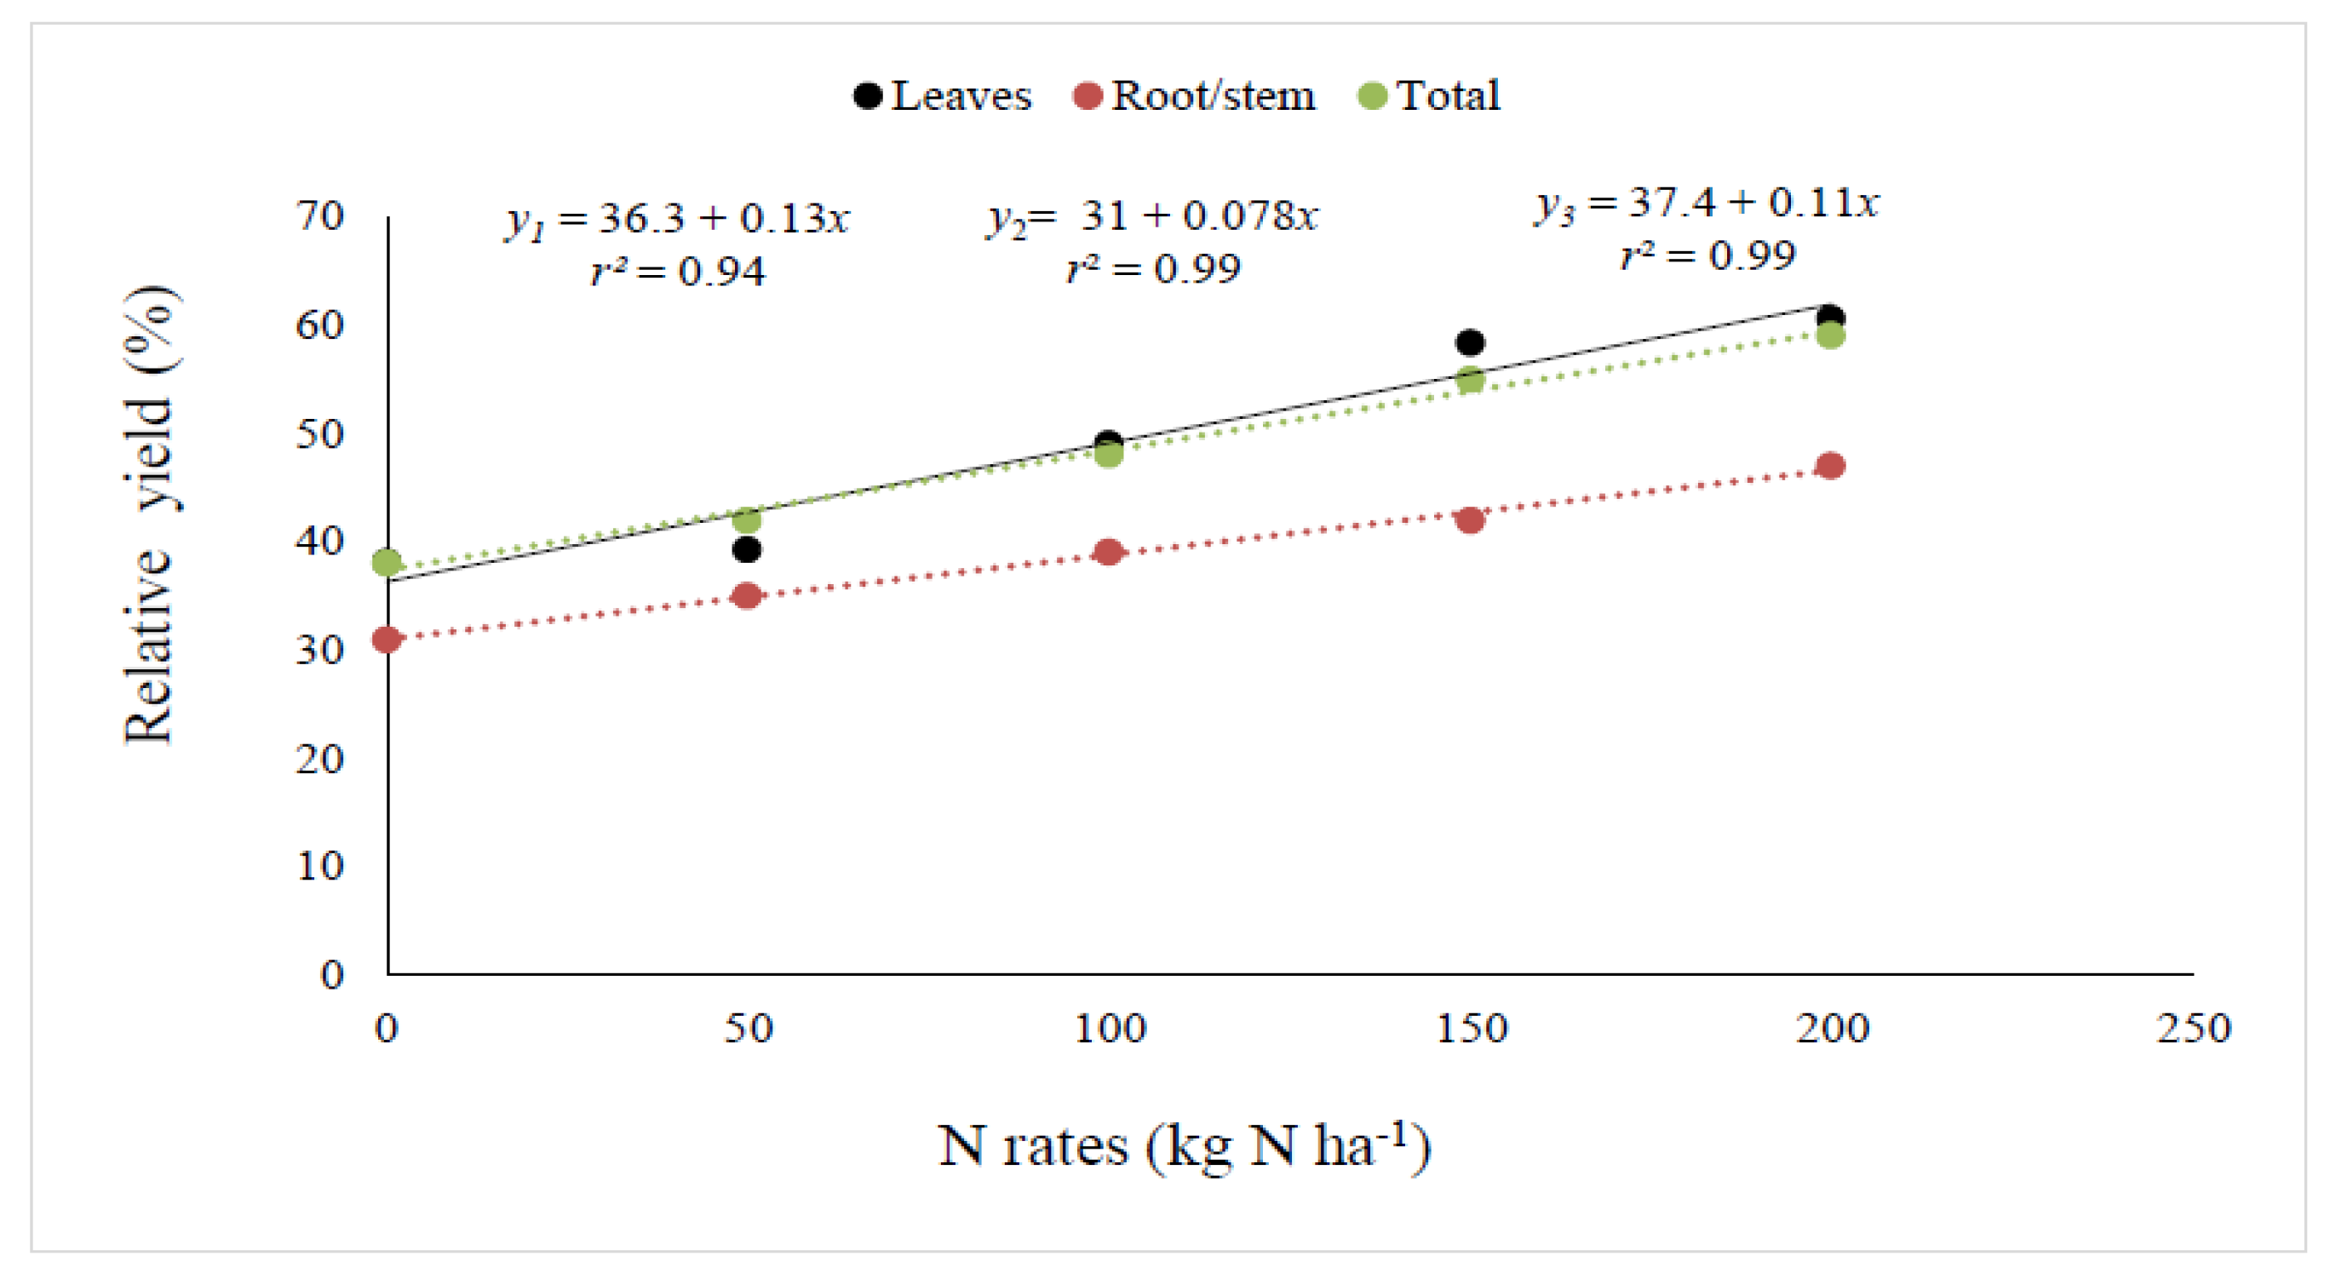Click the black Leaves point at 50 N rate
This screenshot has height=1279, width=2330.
[x=746, y=549]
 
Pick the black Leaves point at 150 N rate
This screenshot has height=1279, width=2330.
[x=1470, y=342]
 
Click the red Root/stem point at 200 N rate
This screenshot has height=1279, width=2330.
[x=1830, y=466]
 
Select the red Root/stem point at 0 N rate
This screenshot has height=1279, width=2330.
[x=387, y=639]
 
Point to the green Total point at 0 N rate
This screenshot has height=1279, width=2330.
[x=387, y=563]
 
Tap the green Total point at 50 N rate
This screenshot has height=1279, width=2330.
[x=746, y=520]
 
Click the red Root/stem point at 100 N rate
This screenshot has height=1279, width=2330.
[x=1108, y=552]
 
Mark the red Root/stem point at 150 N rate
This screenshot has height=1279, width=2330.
[x=1470, y=520]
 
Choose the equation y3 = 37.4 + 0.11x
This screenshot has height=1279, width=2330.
[x=1706, y=203]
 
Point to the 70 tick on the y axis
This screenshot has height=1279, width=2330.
[x=320, y=216]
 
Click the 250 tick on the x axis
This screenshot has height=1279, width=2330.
[x=2193, y=1029]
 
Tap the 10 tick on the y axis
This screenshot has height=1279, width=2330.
[x=320, y=867]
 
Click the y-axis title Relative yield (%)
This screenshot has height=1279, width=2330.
[x=148, y=515]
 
